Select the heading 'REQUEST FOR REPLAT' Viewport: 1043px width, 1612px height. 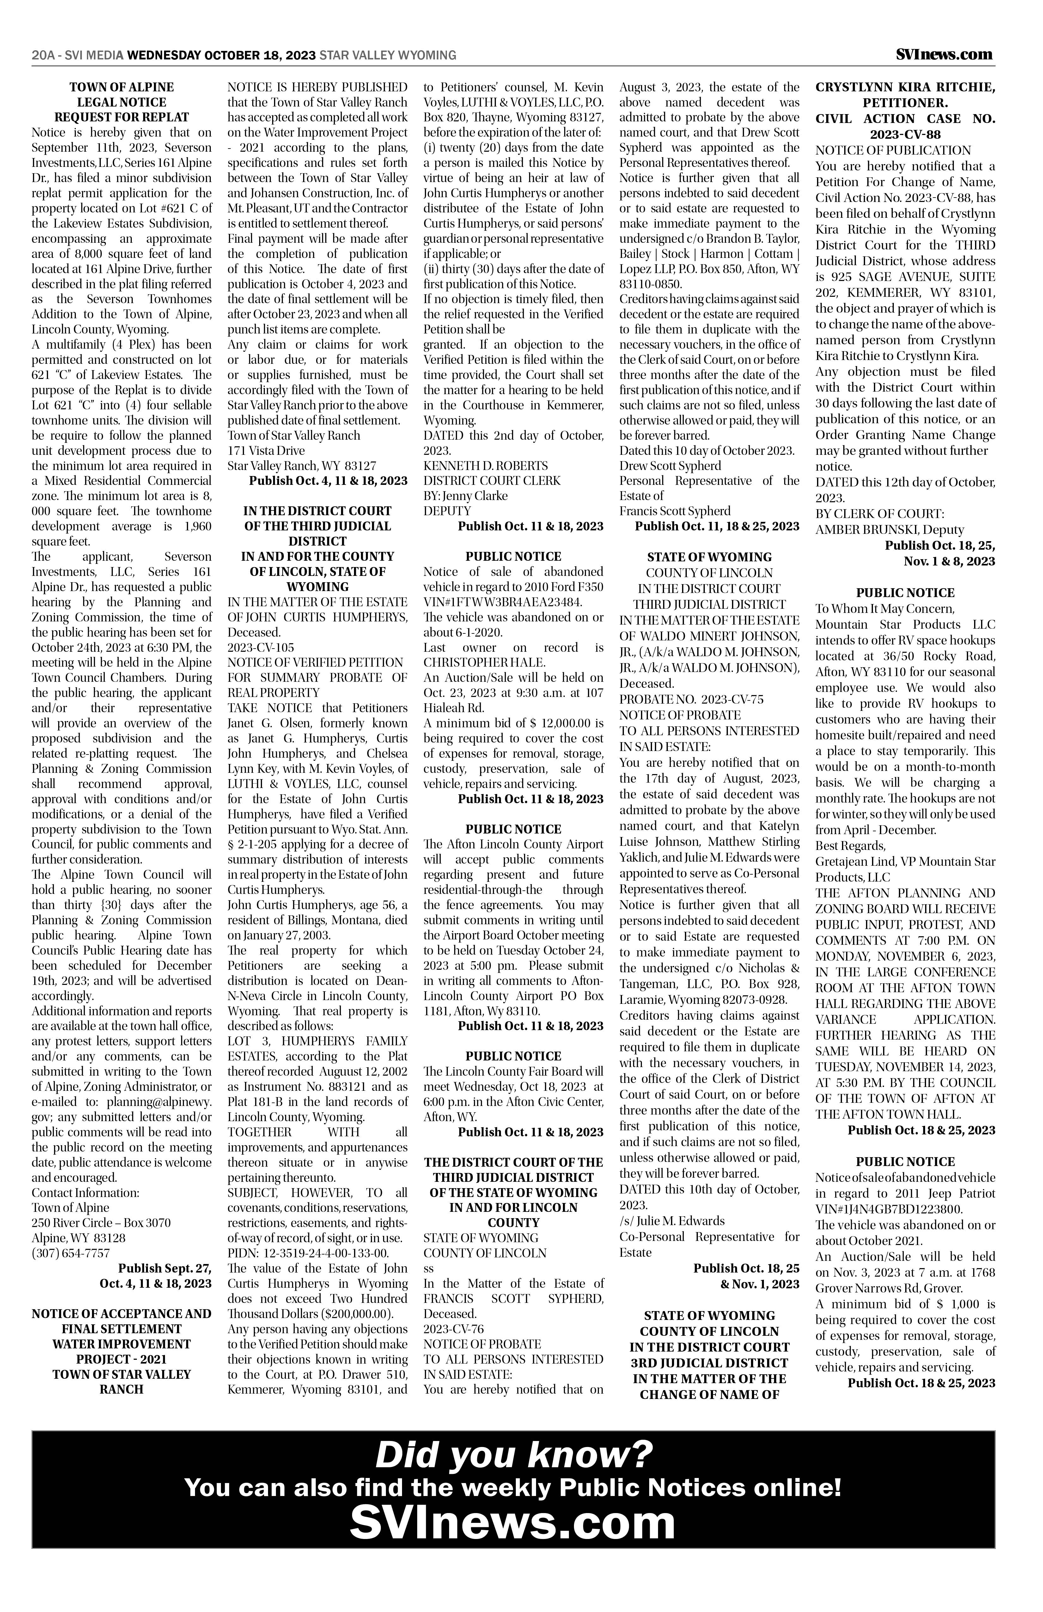[x=122, y=117]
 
